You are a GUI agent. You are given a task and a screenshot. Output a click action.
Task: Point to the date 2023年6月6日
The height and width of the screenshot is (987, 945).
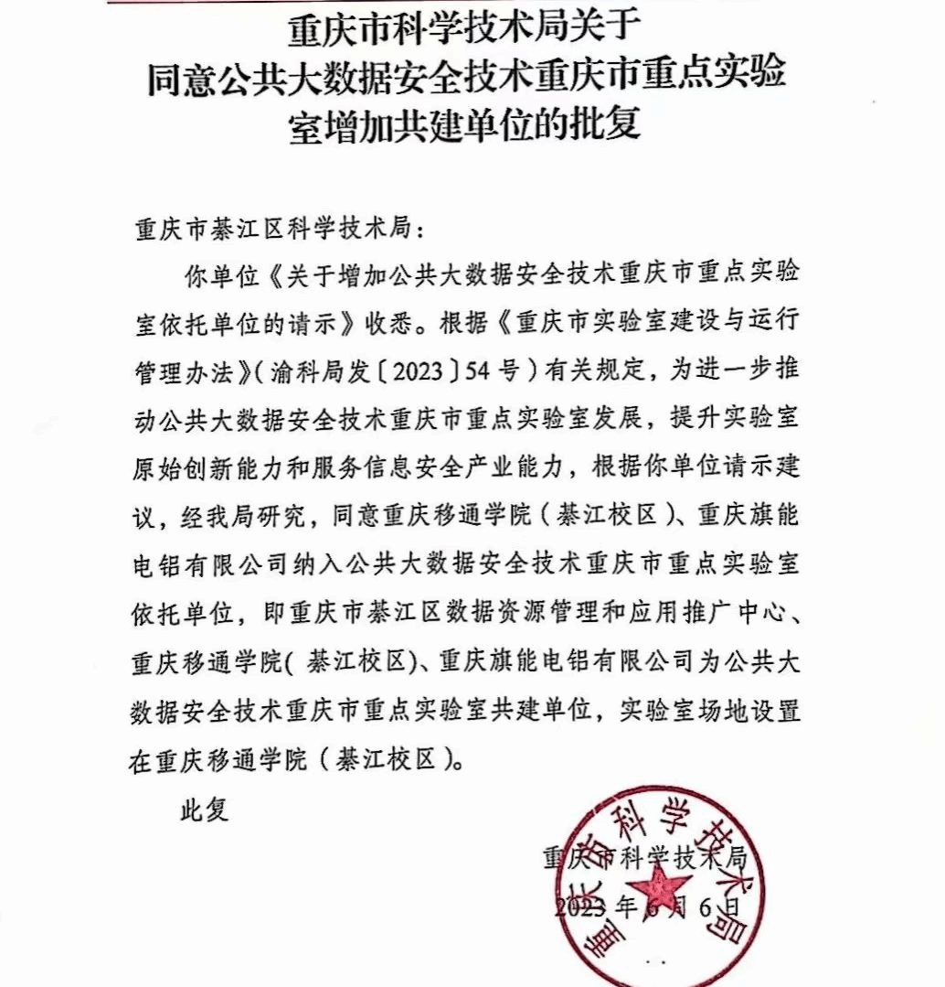point(646,907)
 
